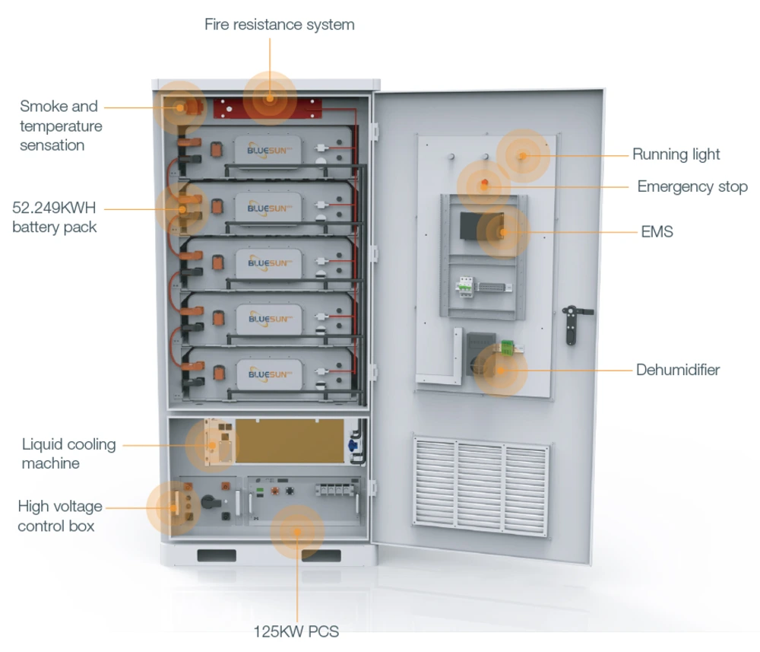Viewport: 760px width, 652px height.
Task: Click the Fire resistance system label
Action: [279, 24]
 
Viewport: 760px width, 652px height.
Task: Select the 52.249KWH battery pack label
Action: [55, 217]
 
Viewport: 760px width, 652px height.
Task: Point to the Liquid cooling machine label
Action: [68, 453]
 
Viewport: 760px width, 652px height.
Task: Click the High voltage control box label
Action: [59, 516]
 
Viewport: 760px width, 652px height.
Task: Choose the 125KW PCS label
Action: [296, 631]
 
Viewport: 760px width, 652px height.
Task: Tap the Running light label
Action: [676, 154]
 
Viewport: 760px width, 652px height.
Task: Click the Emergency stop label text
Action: [692, 186]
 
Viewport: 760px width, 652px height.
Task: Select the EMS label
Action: [657, 231]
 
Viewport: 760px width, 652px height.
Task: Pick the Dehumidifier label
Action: [677, 371]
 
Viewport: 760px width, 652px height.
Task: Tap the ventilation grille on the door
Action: [480, 483]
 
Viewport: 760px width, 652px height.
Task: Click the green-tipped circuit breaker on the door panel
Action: [463, 286]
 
